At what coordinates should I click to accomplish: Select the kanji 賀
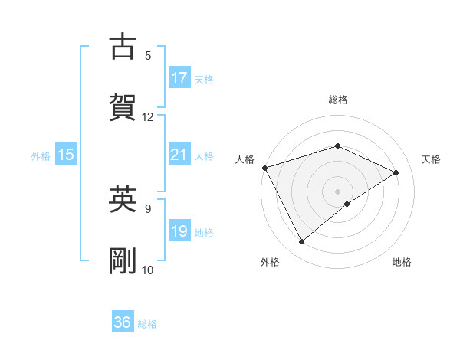123,108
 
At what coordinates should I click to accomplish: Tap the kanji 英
123,200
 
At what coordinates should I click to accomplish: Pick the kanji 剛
123,261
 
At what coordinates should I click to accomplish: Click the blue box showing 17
179,78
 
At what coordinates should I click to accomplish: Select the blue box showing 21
179,155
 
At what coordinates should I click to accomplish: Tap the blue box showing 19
179,231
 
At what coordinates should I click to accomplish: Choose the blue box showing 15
66,155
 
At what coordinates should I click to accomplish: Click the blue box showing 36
123,322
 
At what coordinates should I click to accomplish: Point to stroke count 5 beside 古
148,55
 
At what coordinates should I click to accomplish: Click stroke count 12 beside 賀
148,117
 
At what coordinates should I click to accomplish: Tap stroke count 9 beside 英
148,208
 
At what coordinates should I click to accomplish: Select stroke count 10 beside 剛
148,270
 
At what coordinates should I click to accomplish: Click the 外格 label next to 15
40,155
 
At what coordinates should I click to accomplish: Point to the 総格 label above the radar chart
338,100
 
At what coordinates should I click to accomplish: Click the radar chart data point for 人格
264,167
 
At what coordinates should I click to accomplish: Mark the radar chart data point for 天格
396,172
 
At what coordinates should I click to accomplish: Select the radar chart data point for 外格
301,242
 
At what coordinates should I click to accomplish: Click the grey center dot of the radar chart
338,191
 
